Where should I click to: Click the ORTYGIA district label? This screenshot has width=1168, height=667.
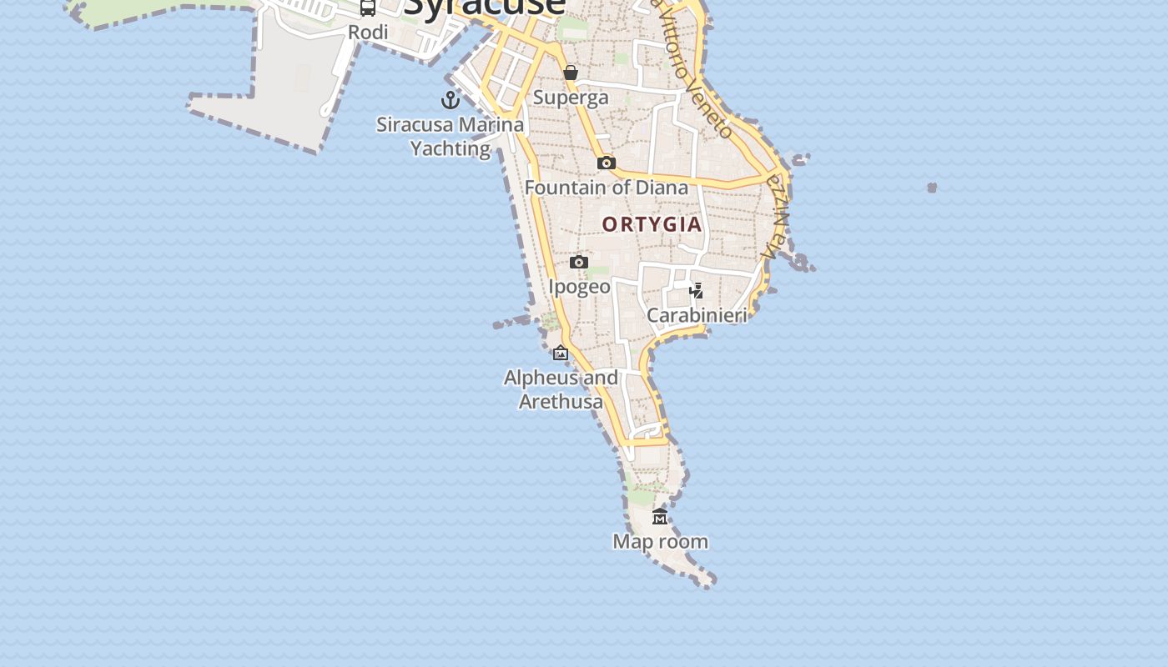[652, 224]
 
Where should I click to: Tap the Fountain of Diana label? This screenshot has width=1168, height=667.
[607, 188]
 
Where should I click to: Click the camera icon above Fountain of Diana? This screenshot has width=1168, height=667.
[607, 163]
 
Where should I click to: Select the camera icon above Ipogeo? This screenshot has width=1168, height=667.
[579, 263]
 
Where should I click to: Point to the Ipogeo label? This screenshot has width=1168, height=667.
[579, 287]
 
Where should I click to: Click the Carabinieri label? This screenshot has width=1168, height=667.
[697, 315]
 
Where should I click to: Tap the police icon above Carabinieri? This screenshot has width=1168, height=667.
[696, 291]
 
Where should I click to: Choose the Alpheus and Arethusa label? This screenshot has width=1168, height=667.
[561, 389]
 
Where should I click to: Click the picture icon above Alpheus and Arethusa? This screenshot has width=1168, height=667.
[561, 354]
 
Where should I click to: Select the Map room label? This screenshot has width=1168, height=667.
[660, 542]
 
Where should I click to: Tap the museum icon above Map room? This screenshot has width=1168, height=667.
[660, 517]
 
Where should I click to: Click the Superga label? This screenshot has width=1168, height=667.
[571, 98]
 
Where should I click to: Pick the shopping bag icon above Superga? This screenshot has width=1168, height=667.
[571, 73]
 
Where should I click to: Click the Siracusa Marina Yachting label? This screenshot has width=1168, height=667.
[451, 137]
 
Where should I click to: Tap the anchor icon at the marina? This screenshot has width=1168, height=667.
[451, 100]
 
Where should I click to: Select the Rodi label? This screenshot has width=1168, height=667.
[368, 33]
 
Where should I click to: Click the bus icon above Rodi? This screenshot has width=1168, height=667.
[368, 8]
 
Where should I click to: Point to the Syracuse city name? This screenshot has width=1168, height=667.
[484, 8]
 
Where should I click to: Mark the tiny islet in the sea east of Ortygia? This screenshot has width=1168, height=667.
[932, 188]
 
